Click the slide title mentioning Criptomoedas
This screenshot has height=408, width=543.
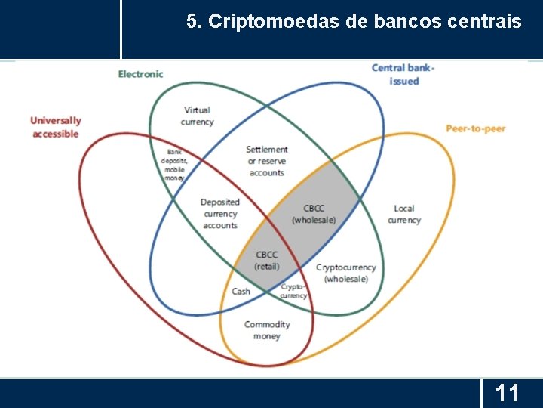(354, 23)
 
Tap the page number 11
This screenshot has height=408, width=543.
(507, 393)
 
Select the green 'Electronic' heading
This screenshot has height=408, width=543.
(140, 74)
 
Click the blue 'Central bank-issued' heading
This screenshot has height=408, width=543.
(403, 74)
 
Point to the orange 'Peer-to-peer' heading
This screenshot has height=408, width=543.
(475, 128)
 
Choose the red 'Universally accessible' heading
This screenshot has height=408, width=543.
(55, 127)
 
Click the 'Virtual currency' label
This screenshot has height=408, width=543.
(197, 116)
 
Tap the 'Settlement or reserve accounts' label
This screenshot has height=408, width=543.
(267, 161)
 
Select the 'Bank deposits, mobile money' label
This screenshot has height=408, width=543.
(174, 164)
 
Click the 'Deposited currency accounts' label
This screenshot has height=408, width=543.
(220, 213)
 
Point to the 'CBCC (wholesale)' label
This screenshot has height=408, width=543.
(314, 214)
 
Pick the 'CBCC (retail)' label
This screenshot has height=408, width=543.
(267, 261)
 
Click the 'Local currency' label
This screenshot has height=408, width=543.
(404, 214)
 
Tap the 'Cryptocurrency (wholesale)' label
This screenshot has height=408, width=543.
(346, 273)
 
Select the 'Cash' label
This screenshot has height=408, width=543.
(241, 292)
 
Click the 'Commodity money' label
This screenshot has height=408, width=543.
(267, 330)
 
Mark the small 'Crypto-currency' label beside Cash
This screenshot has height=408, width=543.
(293, 291)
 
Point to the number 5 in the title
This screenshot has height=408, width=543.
(192, 23)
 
